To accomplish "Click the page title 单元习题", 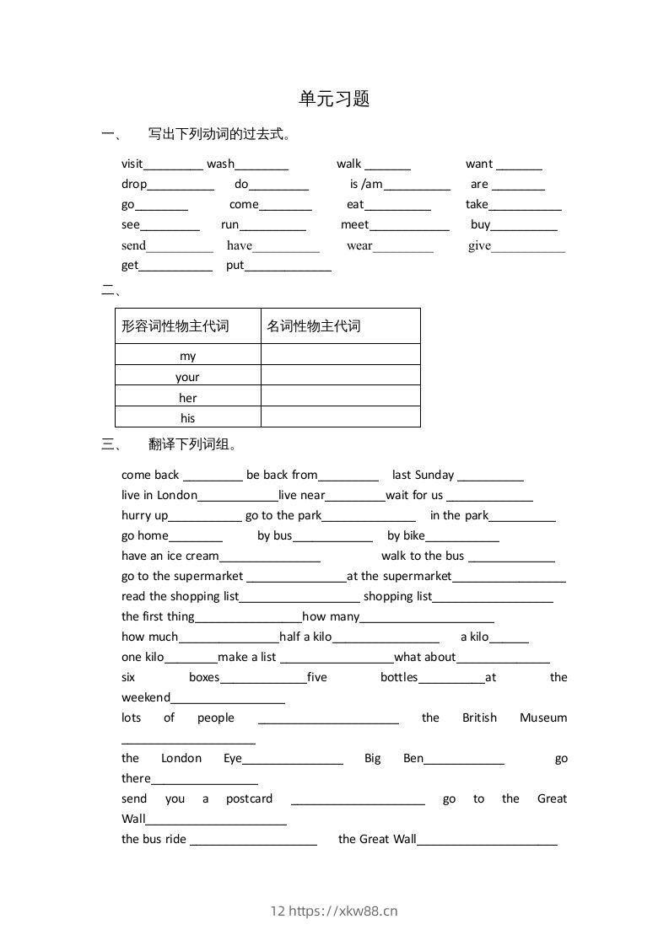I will pos(334,99).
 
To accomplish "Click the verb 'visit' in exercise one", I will pos(132,164).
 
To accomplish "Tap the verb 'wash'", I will pos(221,164).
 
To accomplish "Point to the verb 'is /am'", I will pos(366,184).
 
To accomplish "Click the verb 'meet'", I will pos(355,224).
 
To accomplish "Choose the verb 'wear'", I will pos(359,245).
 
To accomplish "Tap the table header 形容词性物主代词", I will pos(175,326).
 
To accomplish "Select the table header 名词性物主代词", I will pos(314,326).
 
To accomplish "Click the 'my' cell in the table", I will pos(187,356).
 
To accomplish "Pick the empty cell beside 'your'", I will pos(340,376).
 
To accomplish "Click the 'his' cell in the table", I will pos(187,418).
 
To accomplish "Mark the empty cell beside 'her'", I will pos(340,397).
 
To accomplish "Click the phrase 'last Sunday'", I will pos(423,475).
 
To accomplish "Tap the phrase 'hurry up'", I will pos(145,515).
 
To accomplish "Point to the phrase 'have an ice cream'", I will pos(170,556).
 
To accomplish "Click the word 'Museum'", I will pos(543,718).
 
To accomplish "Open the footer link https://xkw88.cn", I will pos(343,911).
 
